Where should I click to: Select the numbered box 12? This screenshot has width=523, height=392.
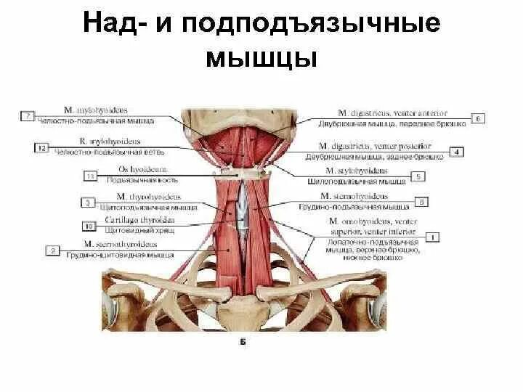[41, 148]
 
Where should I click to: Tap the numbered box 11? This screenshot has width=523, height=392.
[91, 176]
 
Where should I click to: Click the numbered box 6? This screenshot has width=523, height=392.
[479, 118]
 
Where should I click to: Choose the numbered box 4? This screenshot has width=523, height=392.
[458, 151]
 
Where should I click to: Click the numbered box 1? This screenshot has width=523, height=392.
[433, 236]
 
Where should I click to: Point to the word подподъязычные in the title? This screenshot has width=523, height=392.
[309, 24]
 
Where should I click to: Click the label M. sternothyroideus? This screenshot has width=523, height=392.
[119, 245]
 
